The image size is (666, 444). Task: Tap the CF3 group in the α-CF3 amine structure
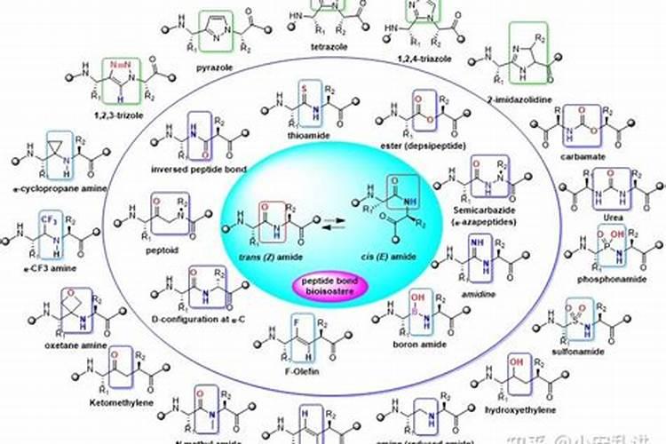click(x=48, y=218)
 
